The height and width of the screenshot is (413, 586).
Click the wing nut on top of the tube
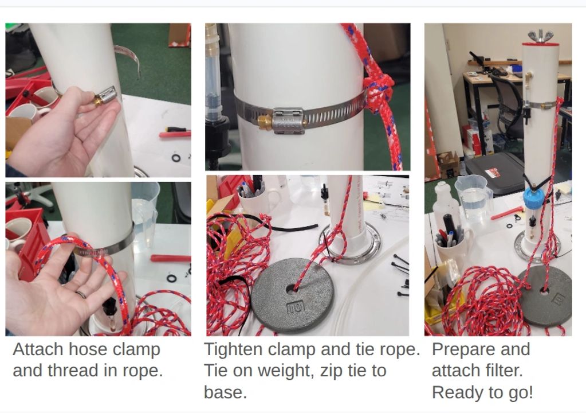[540, 36]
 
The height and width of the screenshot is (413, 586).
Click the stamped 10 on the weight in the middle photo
[296, 307]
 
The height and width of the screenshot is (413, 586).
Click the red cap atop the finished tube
[540, 44]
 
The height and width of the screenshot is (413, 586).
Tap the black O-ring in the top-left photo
[176, 158]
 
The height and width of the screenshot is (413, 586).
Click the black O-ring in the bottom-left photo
[171, 279]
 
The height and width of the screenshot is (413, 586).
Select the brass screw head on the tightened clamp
[264, 122]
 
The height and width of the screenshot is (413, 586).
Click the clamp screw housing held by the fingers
[105, 95]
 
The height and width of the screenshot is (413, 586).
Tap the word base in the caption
[225, 393]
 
